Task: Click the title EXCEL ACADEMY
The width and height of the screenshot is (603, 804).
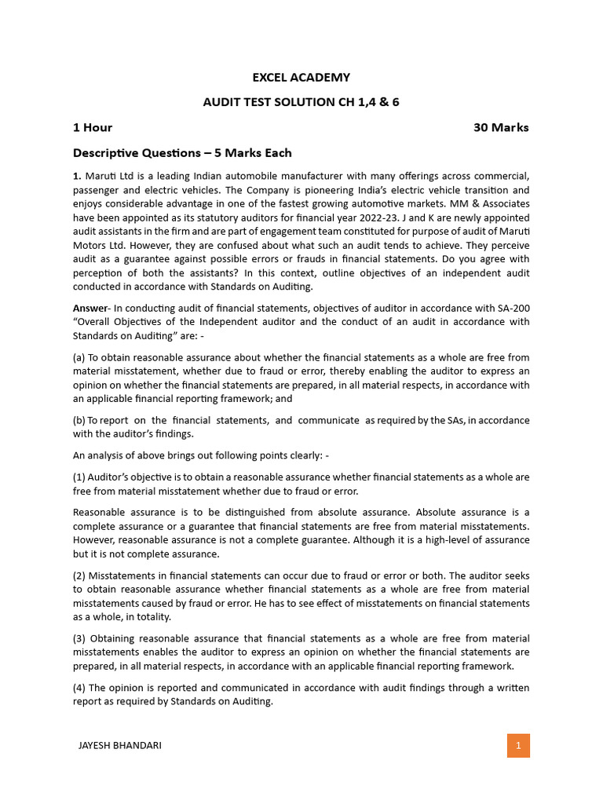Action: tap(301, 77)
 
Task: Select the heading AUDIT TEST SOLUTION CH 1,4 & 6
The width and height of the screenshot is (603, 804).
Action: tap(301, 102)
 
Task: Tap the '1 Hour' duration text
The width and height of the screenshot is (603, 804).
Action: tap(93, 127)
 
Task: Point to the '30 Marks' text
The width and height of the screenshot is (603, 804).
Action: tap(501, 127)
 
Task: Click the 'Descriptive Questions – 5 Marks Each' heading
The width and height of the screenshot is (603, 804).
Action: tap(182, 152)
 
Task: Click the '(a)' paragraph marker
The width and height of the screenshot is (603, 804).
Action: tap(79, 357)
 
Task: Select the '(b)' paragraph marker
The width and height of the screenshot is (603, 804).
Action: tap(79, 420)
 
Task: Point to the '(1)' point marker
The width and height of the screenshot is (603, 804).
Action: tap(79, 477)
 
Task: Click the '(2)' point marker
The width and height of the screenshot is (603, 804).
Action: tap(79, 575)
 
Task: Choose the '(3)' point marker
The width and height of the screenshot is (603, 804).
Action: tap(79, 638)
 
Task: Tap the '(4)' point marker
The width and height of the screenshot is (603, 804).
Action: tap(79, 688)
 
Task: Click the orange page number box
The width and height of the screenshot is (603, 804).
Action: tap(518, 745)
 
